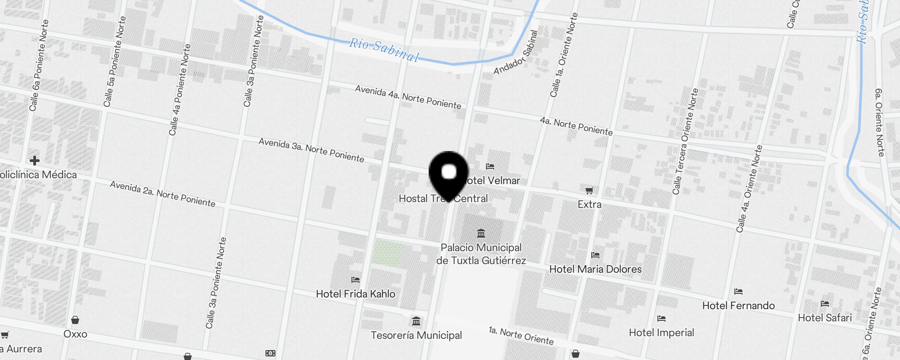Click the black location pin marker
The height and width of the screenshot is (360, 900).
[449, 173]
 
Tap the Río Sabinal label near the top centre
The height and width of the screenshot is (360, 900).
[384, 49]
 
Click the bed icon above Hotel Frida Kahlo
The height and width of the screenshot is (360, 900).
[355, 280]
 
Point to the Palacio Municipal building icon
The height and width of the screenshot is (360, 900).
[481, 233]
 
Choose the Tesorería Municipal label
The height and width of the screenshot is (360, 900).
[416, 335]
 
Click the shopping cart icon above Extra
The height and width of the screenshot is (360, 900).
[589, 191]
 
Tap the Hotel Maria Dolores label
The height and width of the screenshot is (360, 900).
[595, 269]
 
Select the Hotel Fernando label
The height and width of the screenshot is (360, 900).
[738, 306]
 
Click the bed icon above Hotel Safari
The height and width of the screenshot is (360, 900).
[824, 304]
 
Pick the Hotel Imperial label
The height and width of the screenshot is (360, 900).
[661, 333]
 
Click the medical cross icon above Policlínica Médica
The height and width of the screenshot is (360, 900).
[35, 161]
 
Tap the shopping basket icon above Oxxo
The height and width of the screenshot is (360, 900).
[75, 320]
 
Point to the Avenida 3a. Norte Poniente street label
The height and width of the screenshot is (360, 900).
[311, 150]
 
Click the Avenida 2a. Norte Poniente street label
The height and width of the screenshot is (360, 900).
[162, 194]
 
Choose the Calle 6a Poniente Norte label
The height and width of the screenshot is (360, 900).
[39, 65]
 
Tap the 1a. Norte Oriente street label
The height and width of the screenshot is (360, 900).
[521, 336]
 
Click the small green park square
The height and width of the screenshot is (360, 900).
[387, 253]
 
